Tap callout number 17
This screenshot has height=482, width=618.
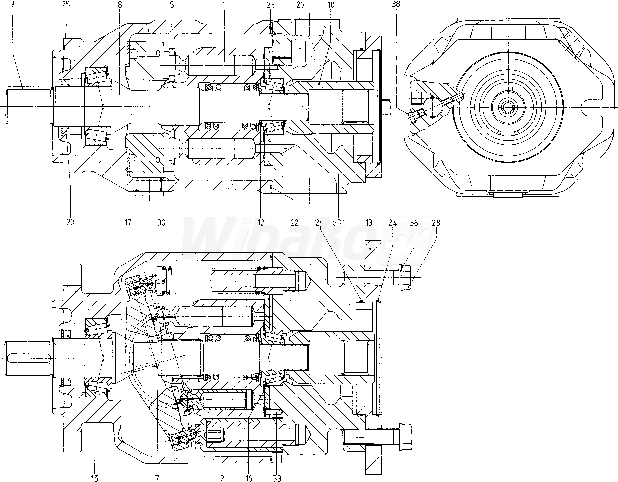(x=128, y=222)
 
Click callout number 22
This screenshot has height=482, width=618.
(x=295, y=222)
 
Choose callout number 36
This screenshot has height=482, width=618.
(x=414, y=223)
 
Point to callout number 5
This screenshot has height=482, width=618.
(x=172, y=5)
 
